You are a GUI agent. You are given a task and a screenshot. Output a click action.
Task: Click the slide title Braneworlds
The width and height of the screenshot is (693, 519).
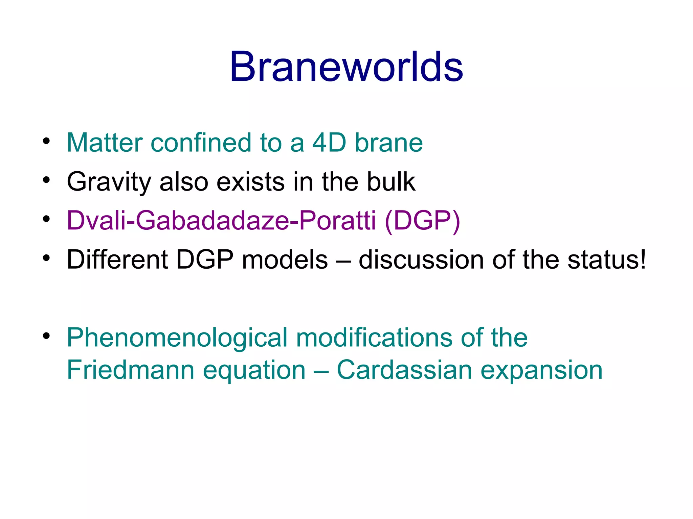pos(346,67)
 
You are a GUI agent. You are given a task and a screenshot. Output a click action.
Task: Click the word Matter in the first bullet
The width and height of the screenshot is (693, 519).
pos(104,143)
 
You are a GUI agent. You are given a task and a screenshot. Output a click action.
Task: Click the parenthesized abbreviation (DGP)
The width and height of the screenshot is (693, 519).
pos(422,221)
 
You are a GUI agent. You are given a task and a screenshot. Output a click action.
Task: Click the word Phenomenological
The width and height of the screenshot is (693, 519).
pos(177,338)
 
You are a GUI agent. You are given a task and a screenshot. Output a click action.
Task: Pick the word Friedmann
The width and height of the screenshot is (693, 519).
pos(131,370)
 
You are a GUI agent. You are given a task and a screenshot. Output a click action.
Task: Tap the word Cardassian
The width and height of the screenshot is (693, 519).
pos(404,370)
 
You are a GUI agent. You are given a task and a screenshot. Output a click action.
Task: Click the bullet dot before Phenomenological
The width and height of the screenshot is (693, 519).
pos(46,336)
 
